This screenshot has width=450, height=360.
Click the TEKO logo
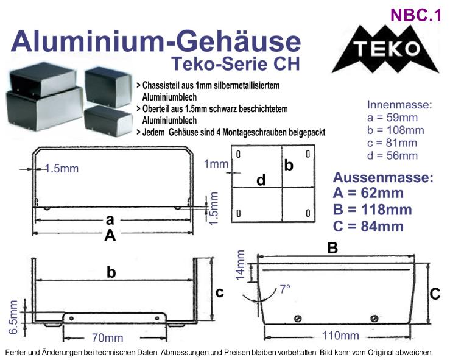385,49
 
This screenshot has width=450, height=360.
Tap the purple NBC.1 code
416,15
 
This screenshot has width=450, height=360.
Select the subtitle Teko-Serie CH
236,64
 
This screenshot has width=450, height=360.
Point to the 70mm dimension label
107,338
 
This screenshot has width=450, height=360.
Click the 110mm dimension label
340,335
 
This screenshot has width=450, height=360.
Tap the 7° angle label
285,289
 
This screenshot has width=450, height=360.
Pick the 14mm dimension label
240,265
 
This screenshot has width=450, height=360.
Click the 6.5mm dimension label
13,317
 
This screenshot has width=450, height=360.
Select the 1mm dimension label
216,164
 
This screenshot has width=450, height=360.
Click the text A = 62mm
368,193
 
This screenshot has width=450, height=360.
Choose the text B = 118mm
372,210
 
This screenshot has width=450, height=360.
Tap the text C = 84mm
368,226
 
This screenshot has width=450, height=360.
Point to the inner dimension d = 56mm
392,155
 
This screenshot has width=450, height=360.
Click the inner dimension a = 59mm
392,118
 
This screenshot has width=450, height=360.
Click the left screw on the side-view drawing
298,319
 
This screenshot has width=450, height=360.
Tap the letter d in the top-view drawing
261,180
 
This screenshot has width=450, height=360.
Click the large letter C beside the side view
435,294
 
